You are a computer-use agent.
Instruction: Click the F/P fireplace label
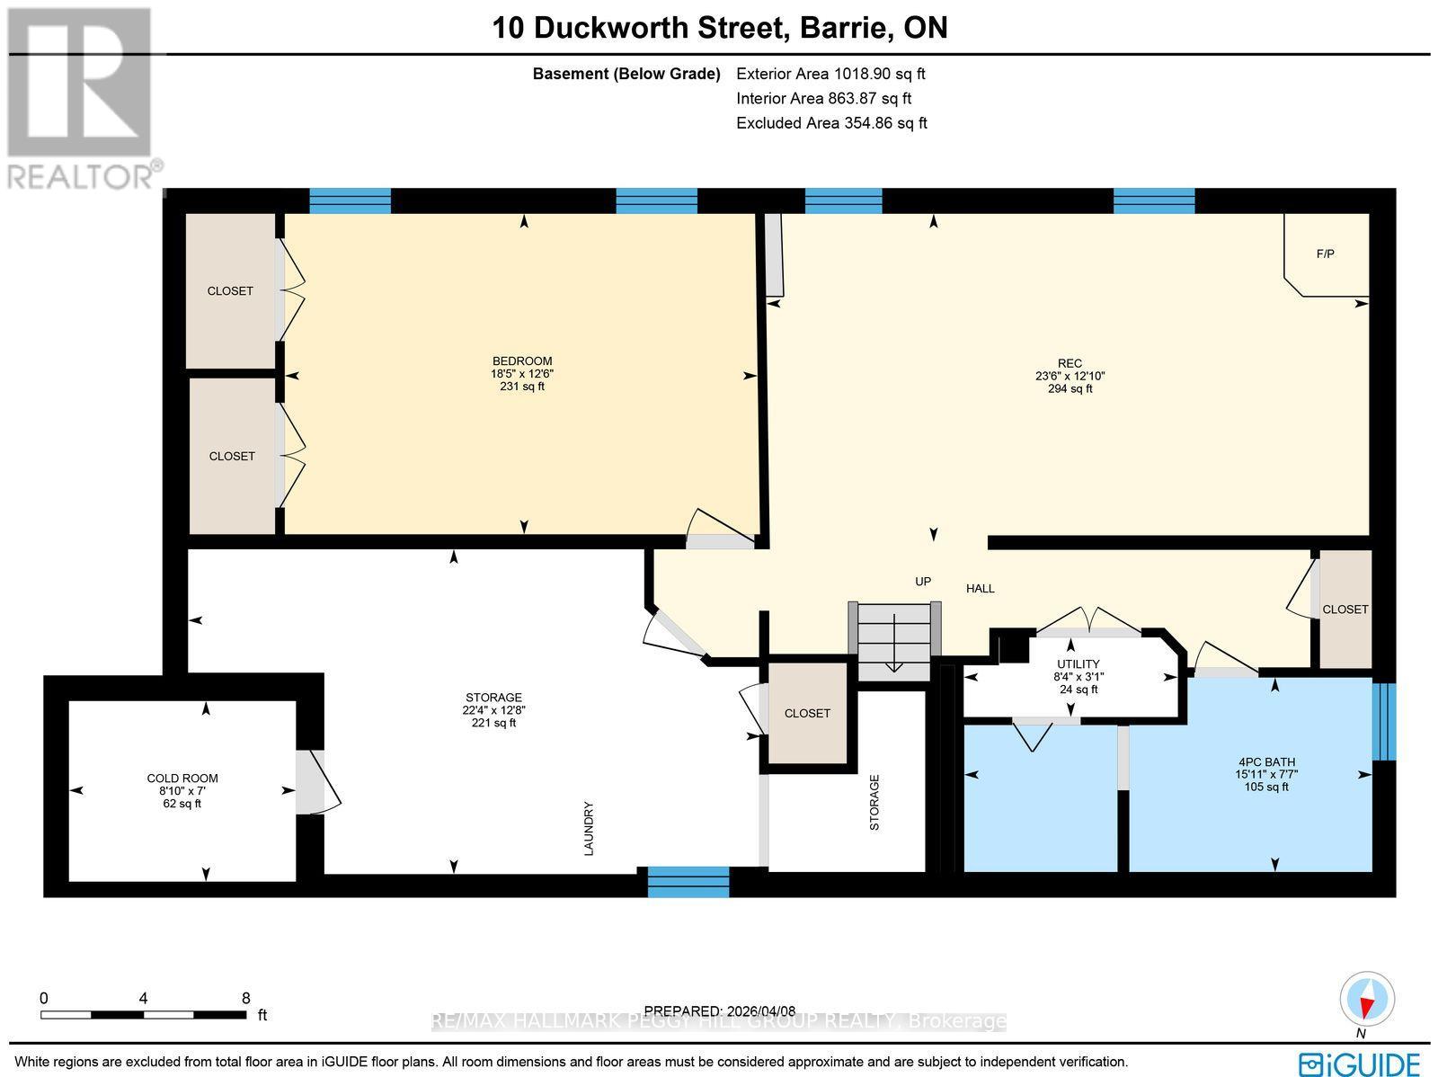(x=1325, y=254)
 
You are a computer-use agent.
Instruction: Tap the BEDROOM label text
(x=522, y=361)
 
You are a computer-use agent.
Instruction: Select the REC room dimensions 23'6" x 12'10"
(x=1070, y=377)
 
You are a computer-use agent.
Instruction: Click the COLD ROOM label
(x=182, y=779)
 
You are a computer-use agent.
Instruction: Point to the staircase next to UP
(x=894, y=641)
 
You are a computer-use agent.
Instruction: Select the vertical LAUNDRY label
(x=590, y=828)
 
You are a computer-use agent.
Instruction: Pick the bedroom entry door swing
(x=720, y=530)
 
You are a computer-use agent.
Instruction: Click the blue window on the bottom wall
(x=688, y=882)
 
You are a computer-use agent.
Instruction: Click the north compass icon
(x=1367, y=1000)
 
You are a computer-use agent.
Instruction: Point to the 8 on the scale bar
(x=245, y=998)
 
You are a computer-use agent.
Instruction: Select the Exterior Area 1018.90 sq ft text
(x=830, y=75)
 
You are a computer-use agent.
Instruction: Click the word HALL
(x=980, y=589)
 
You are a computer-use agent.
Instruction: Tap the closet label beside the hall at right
(x=1345, y=610)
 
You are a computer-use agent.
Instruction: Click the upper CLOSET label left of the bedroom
(x=230, y=291)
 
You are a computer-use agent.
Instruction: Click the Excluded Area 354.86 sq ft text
(x=831, y=123)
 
